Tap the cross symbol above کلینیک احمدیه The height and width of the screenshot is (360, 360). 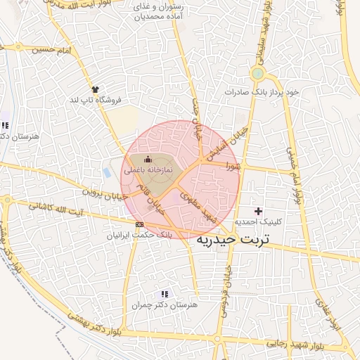(258, 211)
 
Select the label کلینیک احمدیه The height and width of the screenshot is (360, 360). (257, 221)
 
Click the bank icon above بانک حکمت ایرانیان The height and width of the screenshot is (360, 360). (139, 225)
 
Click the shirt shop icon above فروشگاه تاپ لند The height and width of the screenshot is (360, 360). (95, 89)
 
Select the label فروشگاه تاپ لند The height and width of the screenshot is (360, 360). (94, 100)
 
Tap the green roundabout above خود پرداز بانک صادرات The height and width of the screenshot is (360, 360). (257, 73)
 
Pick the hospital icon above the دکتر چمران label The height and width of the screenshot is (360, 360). (165, 294)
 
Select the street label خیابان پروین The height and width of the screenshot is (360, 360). (105, 193)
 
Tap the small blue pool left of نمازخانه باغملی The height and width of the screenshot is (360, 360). (107, 172)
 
